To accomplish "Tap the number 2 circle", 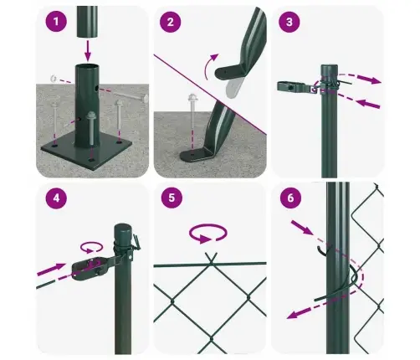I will [x=172, y=23].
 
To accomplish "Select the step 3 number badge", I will [x=290, y=23].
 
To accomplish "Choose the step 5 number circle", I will [x=172, y=199].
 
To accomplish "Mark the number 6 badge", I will [x=290, y=199].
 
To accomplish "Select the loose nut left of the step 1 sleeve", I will [x=52, y=79].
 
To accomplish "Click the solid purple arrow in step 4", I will [x=52, y=271].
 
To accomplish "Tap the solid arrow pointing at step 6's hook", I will [x=304, y=228].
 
